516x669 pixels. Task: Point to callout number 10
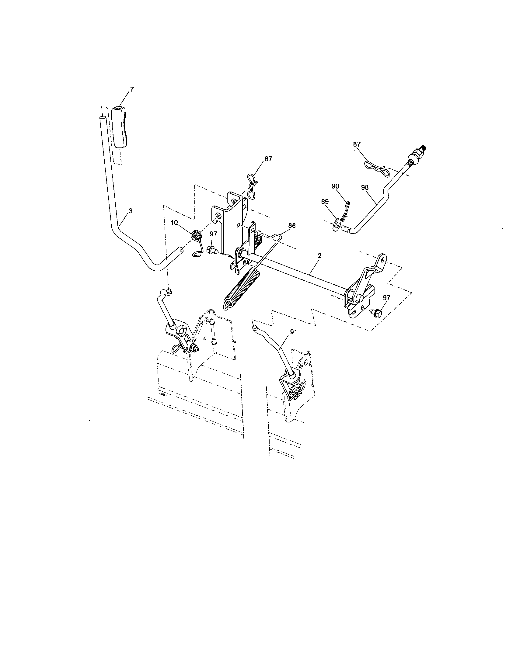pyautogui.click(x=174, y=222)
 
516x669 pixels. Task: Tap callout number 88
pyautogui.click(x=292, y=225)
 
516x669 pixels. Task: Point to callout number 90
pyautogui.click(x=335, y=186)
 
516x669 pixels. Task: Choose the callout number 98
pyautogui.click(x=364, y=187)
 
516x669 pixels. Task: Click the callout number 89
pyautogui.click(x=325, y=202)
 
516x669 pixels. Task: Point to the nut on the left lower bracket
pyautogui.click(x=194, y=348)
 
